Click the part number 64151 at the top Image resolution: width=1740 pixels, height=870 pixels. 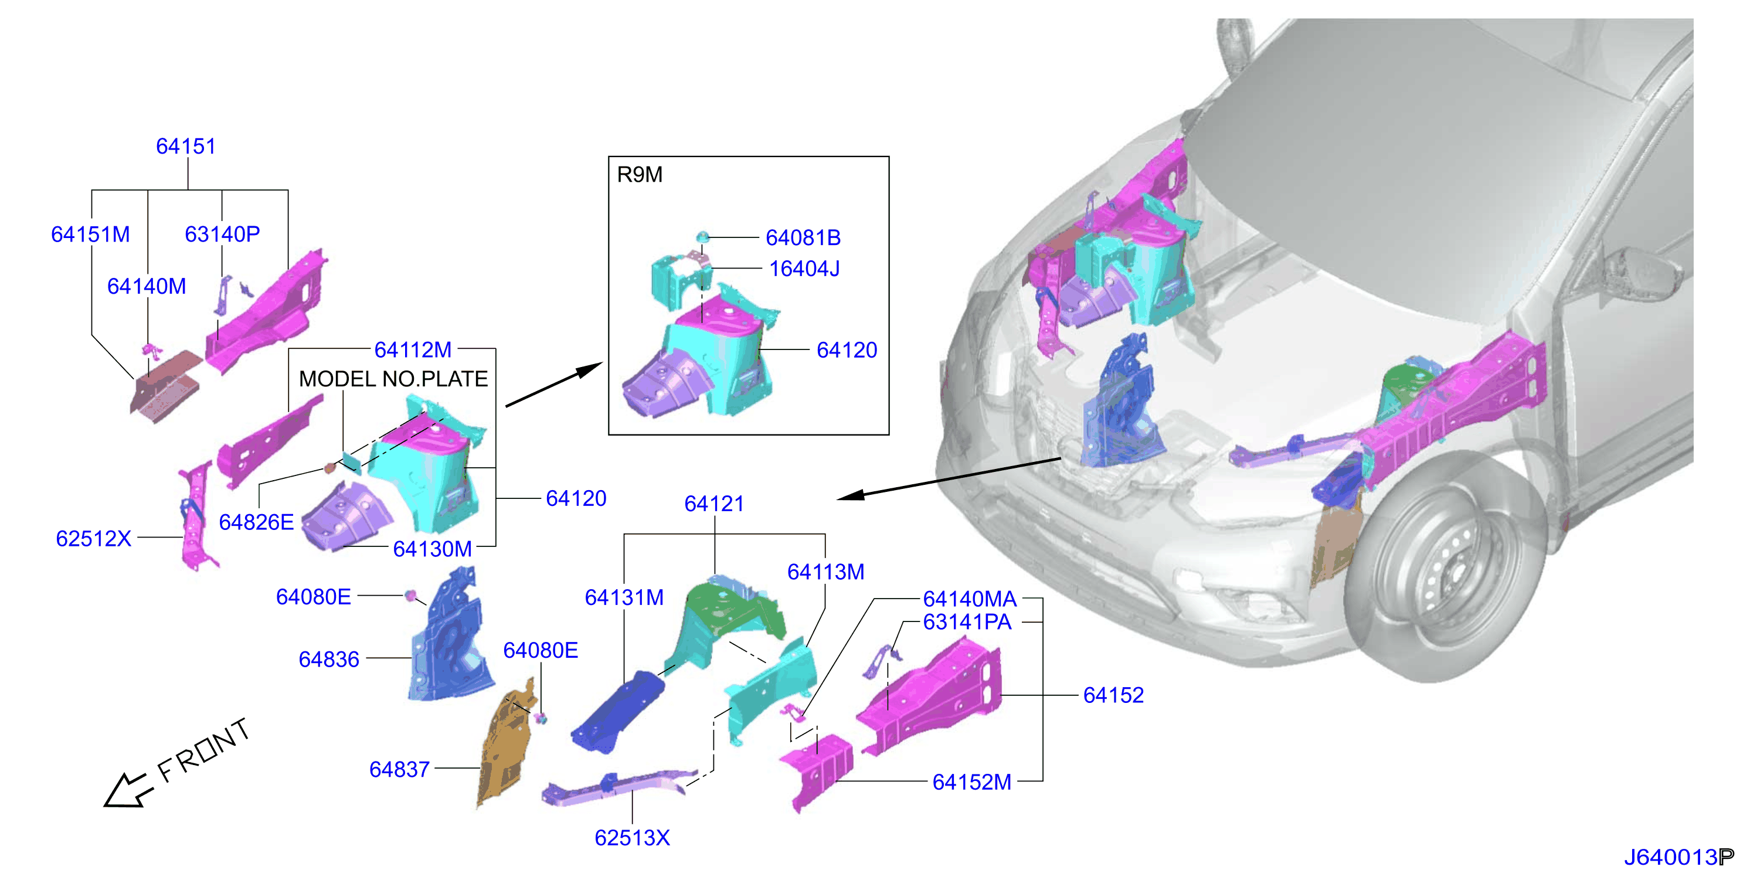click(186, 146)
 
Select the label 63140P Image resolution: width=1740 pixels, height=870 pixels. click(222, 234)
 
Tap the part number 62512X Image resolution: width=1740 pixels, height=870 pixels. click(93, 538)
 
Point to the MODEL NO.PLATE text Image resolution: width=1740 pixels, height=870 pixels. click(393, 379)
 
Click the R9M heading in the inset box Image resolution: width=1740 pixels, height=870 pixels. click(640, 174)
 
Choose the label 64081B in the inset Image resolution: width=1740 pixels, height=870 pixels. click(803, 238)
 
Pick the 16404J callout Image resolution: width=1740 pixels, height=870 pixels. click(804, 269)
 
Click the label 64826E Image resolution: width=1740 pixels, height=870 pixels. click(257, 522)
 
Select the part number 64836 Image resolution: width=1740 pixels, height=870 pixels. click(329, 660)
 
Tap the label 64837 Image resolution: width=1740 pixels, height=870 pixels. click(399, 769)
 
